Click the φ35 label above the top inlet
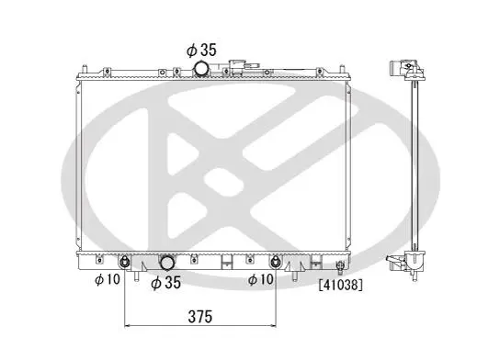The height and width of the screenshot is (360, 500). pos(201,50)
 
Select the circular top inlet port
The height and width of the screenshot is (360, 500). pos(201,68)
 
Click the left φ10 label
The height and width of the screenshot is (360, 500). pos(108,279)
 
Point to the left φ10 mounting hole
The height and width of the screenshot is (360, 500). pos(124,263)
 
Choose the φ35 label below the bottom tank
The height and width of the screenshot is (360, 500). pos(166,282)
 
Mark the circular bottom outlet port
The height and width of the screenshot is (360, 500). pos(166,263)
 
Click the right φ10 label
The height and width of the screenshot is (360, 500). pos(261,279)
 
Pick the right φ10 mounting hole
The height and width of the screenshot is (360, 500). pos(275,263)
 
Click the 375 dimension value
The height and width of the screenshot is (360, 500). pos(200,317)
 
